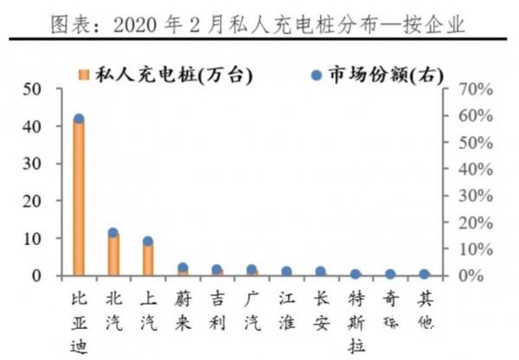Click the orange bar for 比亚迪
(x=79, y=199)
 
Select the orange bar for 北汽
(x=113, y=254)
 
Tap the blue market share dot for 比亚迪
(x=79, y=119)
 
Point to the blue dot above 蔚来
(x=183, y=268)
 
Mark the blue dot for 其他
(x=425, y=274)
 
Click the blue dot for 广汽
(x=252, y=270)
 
